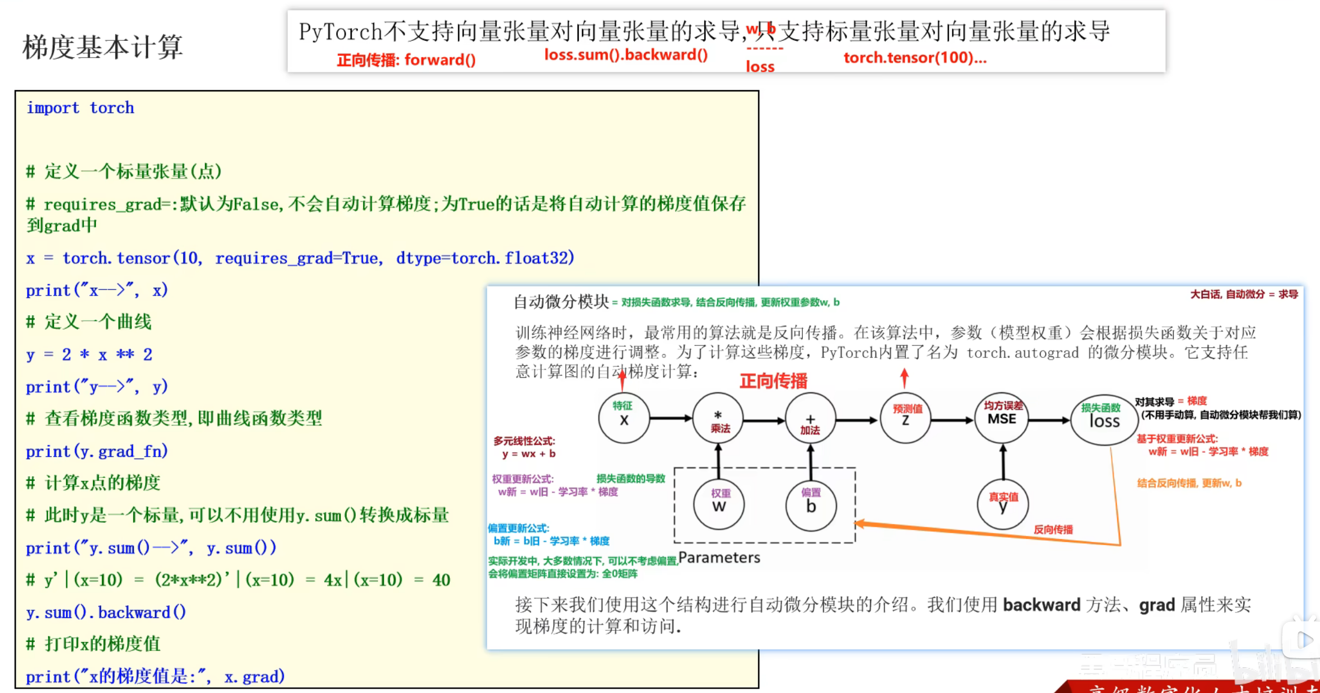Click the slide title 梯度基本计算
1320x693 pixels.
103,46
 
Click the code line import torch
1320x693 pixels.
80,107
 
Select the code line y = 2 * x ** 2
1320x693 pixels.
89,354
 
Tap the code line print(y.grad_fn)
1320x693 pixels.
96,451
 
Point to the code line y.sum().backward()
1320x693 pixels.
106,612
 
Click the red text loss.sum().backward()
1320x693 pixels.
625,55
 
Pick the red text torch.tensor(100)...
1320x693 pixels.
914,58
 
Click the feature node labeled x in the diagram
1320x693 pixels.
624,418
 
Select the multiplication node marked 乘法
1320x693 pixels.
718,419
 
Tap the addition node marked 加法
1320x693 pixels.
810,419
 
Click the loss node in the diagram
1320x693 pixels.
1103,419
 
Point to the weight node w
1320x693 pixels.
719,504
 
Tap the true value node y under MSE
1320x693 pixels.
1002,504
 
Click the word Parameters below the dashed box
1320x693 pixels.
719,558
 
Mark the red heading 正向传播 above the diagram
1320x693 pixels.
773,381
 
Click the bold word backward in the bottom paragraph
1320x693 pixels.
1041,605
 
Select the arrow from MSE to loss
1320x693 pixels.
1049,420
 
